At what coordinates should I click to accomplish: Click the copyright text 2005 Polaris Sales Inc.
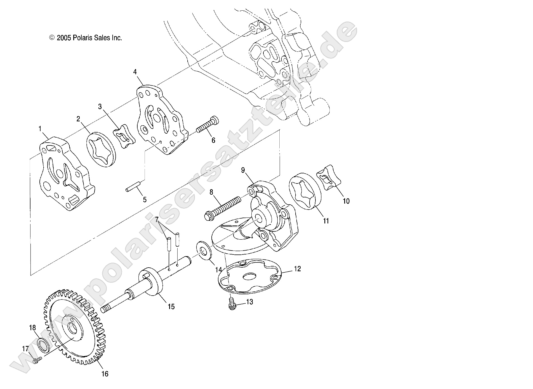coord(86,38)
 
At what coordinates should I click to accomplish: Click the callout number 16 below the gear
coord(105,374)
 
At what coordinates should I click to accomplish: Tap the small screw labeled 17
coord(37,361)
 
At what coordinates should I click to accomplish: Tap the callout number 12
coord(297,269)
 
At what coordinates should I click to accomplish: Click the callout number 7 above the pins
coord(157,211)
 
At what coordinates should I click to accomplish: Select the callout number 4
coord(135,72)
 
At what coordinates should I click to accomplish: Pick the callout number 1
coord(40,129)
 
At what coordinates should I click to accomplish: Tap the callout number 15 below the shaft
coord(171,307)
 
